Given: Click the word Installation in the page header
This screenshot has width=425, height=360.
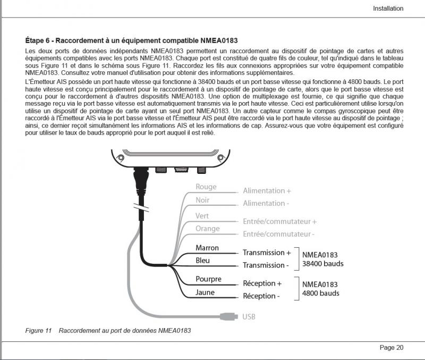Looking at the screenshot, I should [388, 9].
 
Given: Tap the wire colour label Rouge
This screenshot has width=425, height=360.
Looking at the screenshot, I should [206, 187].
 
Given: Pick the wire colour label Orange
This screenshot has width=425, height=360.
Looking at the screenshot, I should [207, 229].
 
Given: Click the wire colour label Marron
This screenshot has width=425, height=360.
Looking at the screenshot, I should [207, 248].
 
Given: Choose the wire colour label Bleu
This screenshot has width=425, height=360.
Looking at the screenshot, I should [203, 261].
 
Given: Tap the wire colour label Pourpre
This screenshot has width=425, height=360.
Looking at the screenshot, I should [209, 279].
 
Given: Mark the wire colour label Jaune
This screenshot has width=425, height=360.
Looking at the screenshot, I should [205, 292].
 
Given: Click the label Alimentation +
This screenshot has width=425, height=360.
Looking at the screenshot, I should [267, 190].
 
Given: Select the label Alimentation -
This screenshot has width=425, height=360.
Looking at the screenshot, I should [266, 203].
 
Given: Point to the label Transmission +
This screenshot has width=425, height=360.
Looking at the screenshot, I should [267, 253].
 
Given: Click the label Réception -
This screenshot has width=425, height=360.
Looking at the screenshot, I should [261, 296].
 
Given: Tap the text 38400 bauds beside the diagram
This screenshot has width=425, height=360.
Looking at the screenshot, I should [323, 264].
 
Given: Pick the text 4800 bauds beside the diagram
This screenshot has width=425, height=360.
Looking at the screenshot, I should [321, 293].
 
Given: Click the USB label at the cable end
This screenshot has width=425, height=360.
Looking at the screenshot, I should [249, 317].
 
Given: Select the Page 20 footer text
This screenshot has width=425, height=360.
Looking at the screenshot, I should [392, 348].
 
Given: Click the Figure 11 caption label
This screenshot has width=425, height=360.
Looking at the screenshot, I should [38, 331].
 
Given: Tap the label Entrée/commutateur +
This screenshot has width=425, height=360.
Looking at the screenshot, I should [279, 221].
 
